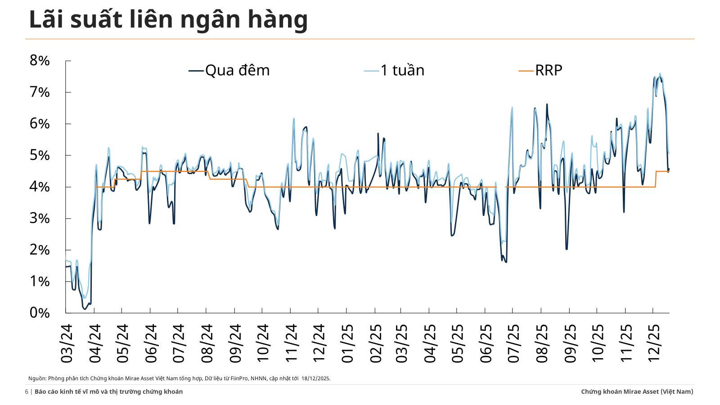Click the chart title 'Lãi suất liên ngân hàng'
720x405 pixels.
pos(168,19)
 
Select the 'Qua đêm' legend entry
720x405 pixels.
pos(237,70)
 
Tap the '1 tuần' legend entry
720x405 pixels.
pos(402,70)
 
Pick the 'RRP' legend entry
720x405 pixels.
pos(549,70)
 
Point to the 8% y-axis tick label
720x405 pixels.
pos(40,61)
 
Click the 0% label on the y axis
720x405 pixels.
pos(40,313)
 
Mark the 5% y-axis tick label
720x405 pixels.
pos(40,155)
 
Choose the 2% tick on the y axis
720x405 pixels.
pos(40,250)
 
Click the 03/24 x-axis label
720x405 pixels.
pos(67,343)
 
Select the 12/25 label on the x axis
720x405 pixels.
pos(653,343)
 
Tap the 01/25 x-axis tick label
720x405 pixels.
pos(347,343)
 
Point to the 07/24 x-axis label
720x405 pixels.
pos(179,343)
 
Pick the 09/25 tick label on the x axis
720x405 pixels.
pos(570,343)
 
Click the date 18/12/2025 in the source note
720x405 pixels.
pos(315,378)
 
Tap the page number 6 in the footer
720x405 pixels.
pos(27,391)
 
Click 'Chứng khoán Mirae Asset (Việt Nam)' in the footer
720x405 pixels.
pos(637,391)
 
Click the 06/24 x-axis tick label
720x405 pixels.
pos(151,343)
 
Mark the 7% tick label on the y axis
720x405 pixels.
pos(40,92)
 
